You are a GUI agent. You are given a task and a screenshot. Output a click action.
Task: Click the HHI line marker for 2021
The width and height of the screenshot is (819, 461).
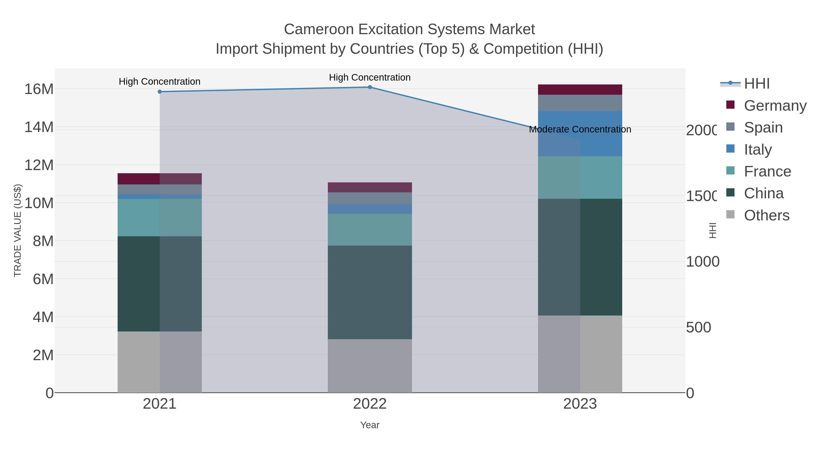160,92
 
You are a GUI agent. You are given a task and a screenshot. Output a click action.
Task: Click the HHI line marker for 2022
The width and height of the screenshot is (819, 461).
370,87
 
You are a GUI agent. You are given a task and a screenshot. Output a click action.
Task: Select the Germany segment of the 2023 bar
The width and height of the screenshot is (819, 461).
580,90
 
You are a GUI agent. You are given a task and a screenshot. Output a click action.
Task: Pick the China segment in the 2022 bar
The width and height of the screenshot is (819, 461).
370,292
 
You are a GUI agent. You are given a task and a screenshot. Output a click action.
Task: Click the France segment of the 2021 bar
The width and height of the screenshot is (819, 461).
160,218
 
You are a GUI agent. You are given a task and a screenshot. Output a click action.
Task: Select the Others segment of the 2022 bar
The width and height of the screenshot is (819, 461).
370,366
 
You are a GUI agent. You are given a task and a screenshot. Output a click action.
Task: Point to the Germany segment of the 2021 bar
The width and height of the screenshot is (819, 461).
160,179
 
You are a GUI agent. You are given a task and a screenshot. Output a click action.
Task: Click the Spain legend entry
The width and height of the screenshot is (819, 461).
763,127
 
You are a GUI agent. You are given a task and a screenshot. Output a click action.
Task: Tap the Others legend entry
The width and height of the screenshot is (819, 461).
766,215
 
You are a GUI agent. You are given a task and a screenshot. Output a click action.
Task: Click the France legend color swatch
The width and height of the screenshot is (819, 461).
731,171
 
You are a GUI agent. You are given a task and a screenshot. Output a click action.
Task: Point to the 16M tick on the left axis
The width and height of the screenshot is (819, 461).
39,89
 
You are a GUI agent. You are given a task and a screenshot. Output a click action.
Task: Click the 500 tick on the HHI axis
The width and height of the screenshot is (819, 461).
698,327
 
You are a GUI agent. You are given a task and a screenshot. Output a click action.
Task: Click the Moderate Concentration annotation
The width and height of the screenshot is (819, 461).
580,130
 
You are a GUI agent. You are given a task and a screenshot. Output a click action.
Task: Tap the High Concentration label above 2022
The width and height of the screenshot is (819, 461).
370,77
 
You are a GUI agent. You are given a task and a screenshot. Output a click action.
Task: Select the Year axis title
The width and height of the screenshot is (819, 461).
370,425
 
